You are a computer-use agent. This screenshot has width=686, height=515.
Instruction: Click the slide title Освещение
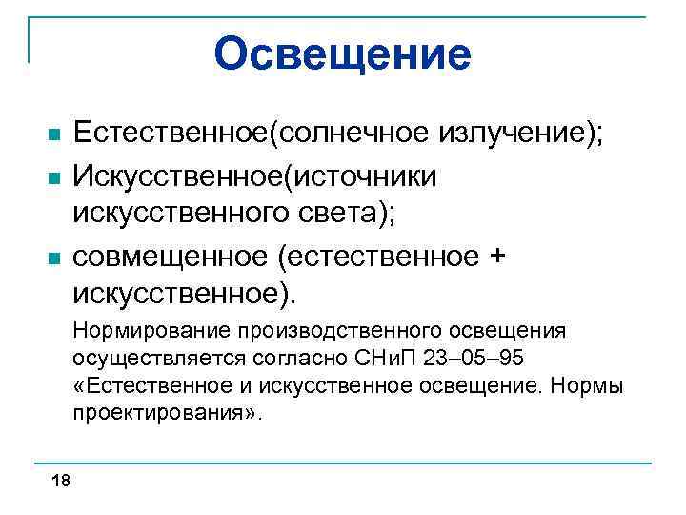343,52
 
